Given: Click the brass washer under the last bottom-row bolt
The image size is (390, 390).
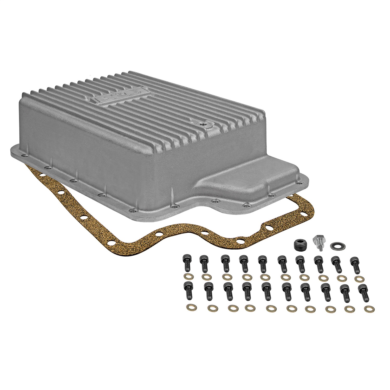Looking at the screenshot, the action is tap(367, 309).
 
